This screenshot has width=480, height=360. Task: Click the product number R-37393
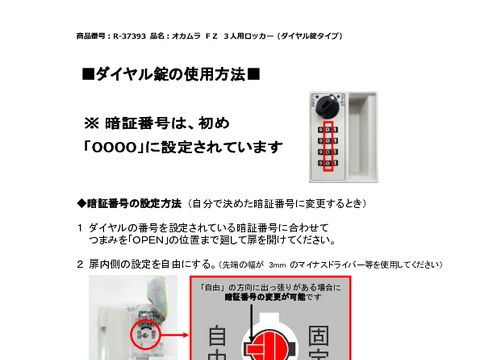point(129,36)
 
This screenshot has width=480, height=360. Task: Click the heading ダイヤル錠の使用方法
point(171,74)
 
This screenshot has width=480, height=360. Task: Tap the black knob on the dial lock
point(327,106)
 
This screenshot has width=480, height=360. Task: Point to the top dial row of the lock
point(328,130)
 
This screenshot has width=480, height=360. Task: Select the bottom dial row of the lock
point(328,163)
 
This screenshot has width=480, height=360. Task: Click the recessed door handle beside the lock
point(363,137)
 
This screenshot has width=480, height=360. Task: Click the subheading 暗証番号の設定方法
point(134,203)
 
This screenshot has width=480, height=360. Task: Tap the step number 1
point(80,228)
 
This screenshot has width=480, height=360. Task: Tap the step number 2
point(80,264)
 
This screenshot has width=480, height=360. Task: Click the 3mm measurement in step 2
point(277,265)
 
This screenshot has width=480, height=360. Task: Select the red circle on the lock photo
point(145,335)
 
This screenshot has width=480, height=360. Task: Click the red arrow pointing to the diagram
point(175,335)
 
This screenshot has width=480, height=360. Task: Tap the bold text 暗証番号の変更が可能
point(265,297)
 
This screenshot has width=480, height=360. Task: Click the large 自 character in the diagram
point(217,336)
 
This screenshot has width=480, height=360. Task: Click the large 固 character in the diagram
point(319,336)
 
